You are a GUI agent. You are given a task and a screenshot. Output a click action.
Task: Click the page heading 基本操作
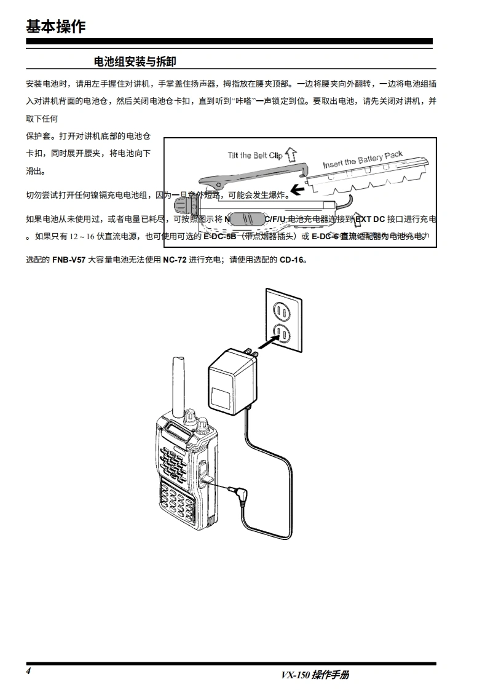[56, 26]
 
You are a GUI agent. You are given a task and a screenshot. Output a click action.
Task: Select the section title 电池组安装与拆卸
[134, 61]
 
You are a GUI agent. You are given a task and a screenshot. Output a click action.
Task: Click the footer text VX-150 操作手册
[315, 675]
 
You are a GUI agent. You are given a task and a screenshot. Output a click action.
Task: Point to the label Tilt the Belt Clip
[254, 156]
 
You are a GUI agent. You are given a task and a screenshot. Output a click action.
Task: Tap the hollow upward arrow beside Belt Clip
[291, 153]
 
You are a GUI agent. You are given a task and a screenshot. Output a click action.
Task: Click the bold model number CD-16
[292, 260]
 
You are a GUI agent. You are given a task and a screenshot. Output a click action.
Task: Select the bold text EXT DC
[369, 218]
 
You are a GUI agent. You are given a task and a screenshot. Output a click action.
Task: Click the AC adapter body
[231, 381]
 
